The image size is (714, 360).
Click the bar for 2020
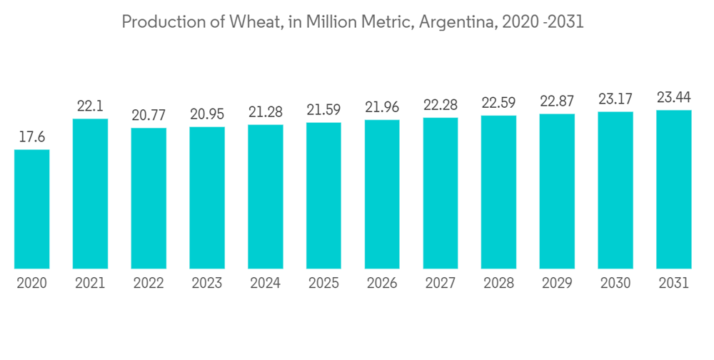pos(32,209)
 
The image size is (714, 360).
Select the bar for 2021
pos(90,194)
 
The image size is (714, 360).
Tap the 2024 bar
pos(266,196)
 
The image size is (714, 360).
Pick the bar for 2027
pos(441,193)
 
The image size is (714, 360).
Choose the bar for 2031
pos(674,189)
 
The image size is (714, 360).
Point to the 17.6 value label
pos(32,137)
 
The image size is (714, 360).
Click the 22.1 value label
pos(90,106)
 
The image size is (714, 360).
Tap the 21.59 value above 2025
pos(323,111)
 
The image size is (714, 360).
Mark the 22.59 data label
pos(499,103)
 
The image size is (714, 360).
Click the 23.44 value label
pos(674,98)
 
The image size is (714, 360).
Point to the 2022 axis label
pos(149,284)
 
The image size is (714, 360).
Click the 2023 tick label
pos(207,284)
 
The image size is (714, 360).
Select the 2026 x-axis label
pos(382,284)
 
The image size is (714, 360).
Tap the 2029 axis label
pos(557,284)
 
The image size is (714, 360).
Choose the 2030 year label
pos(615,284)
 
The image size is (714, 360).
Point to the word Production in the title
pos(159,22)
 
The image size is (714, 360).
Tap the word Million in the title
pos(331,22)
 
